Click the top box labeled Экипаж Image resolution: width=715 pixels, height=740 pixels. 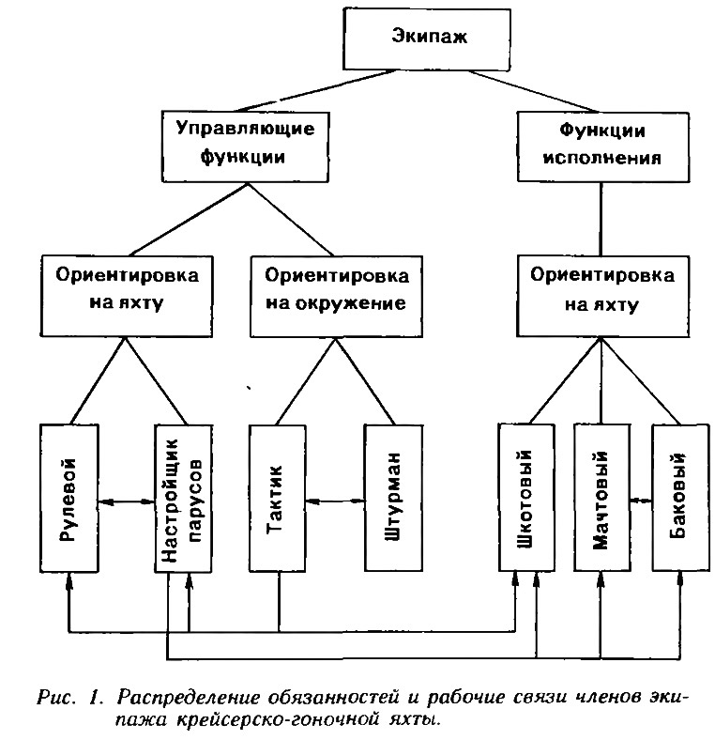[427, 39]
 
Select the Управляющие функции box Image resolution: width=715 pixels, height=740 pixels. [245, 146]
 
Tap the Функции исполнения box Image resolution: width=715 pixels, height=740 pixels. [603, 146]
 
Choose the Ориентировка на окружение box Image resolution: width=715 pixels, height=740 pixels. [336, 296]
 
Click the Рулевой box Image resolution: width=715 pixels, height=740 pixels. [69, 498]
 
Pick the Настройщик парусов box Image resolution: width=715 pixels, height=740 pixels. [184, 499]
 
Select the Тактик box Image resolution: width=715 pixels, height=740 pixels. [278, 499]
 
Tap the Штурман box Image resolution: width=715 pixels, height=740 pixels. [394, 499]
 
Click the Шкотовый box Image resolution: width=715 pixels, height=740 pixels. [526, 498]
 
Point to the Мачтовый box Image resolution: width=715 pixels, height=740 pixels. [601, 498]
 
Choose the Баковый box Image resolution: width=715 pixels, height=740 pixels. [680, 498]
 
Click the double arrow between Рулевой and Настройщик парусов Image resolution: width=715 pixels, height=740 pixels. [128, 502]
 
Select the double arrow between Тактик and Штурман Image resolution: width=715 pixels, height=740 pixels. [335, 501]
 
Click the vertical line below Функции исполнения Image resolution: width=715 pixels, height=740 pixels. [601, 219]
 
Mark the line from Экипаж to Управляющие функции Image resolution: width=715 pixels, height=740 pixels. [316, 90]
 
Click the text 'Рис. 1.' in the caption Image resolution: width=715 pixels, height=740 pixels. [69, 698]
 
